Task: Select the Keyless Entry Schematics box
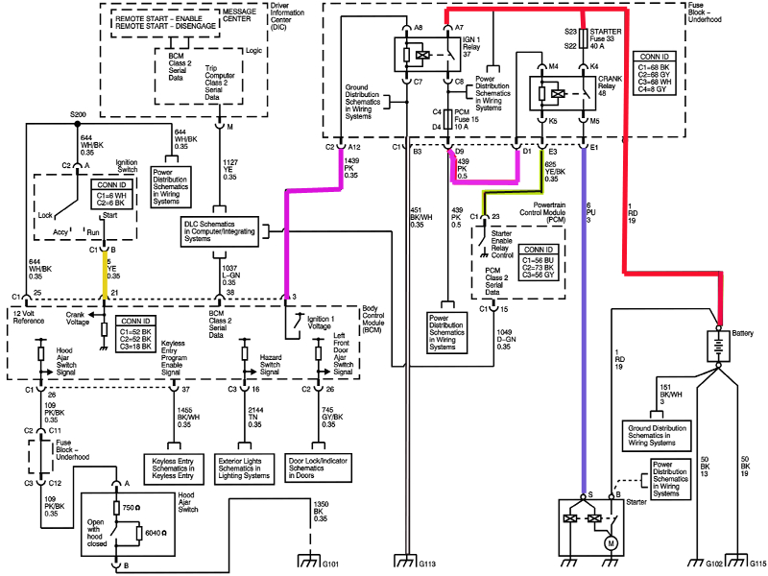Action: click(174, 468)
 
